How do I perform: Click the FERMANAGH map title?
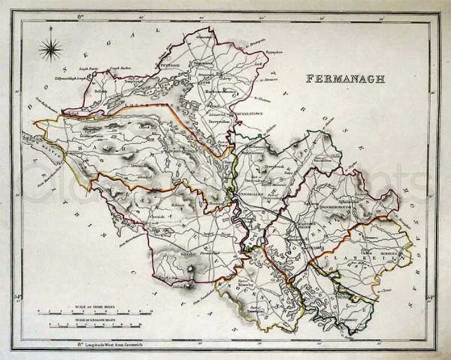pos(345,78)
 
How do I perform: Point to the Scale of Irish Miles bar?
pos(94,312)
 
